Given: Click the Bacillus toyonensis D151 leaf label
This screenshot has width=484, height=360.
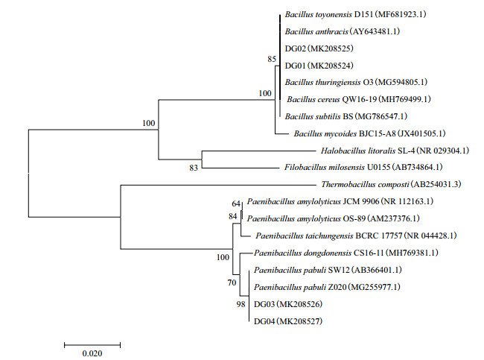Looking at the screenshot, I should click(353, 13).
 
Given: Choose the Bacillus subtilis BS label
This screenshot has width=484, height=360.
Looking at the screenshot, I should click(346, 116).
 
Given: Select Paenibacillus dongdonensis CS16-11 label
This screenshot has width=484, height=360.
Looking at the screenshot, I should click(346, 253).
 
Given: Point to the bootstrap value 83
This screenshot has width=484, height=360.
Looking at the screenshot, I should click(193, 168).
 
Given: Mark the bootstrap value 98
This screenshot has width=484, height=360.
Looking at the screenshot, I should click(238, 305).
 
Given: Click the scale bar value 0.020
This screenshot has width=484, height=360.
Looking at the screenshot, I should click(92, 353).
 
